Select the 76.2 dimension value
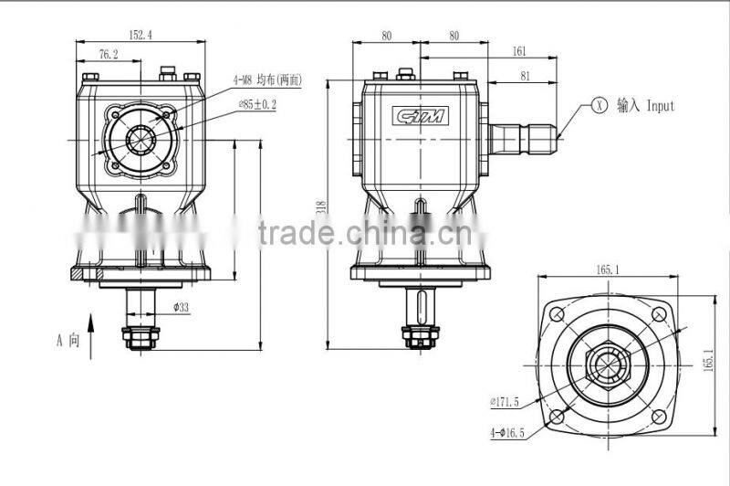click(107, 55)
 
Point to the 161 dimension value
click(519, 52)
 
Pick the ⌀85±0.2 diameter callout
click(257, 104)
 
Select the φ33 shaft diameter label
click(181, 308)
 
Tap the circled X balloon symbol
click(599, 105)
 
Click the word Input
click(660, 106)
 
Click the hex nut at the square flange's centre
click(607, 365)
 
